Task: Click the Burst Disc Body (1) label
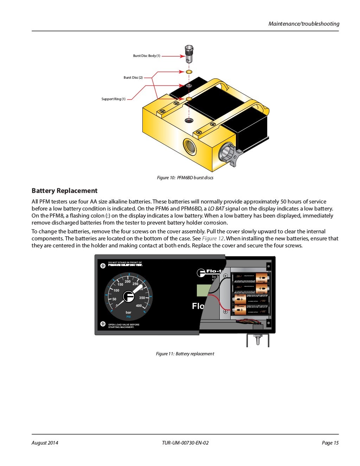pos(147,56)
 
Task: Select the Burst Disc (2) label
pos(133,78)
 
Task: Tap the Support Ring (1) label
pos(113,99)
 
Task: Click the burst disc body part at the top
pos(189,52)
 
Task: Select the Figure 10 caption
pos(185,178)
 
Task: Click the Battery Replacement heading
pos(64,191)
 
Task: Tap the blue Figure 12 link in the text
pos(213,239)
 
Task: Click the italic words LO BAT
pos(216,209)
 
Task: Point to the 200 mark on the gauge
pos(128,281)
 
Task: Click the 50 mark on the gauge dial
pos(114,299)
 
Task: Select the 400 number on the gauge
pos(139,306)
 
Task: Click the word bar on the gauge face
pos(128,312)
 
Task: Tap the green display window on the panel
pos(203,291)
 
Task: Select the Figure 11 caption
pos(185,354)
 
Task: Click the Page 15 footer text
pos(330,443)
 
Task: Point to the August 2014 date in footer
pos(45,443)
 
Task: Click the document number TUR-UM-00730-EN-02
pos(185,443)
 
